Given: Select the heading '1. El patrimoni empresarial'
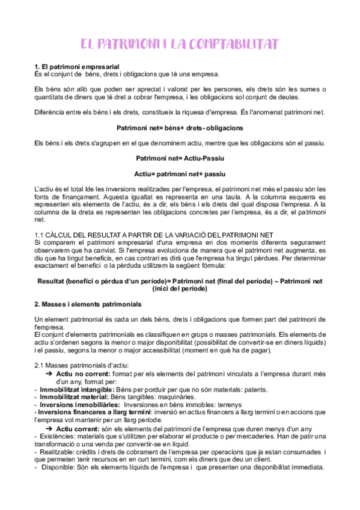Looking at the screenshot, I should [76, 66].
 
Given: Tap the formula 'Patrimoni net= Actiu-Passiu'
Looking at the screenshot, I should [180, 158].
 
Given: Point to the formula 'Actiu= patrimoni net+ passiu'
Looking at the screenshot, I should [180, 174].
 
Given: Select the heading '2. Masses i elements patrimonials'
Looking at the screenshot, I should [88, 303].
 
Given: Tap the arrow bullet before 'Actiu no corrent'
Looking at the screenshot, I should [50, 373].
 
